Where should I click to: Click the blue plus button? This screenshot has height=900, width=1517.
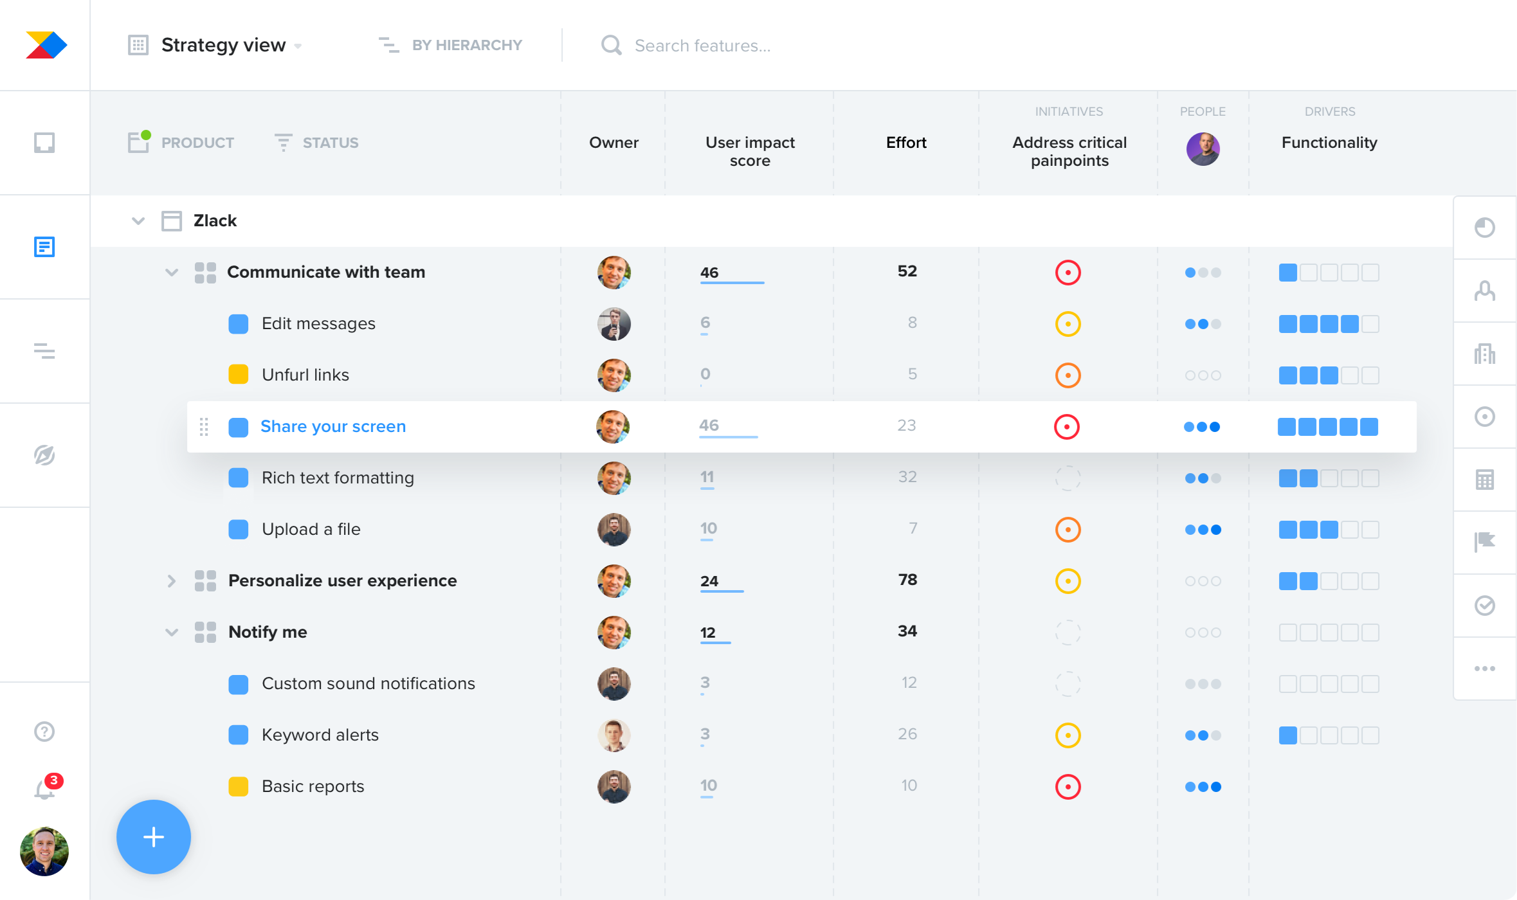tap(153, 837)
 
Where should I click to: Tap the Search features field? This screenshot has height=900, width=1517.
tap(702, 46)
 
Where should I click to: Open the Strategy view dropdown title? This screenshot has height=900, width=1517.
tap(223, 45)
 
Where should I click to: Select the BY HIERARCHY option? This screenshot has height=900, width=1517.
tap(466, 45)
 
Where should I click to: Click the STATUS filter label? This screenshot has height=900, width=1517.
tap(330, 143)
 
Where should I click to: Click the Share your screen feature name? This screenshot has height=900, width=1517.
tap(333, 426)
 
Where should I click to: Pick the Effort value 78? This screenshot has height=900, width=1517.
tap(907, 580)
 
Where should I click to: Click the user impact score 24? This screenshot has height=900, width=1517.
tap(709, 581)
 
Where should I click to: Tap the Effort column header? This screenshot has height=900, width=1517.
tap(906, 143)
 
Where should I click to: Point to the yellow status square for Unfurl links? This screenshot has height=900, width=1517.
tap(239, 375)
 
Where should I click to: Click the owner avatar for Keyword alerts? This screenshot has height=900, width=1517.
tap(614, 735)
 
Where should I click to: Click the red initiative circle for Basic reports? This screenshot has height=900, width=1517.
tap(1067, 786)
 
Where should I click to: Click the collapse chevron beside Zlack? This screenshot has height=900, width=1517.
tap(138, 221)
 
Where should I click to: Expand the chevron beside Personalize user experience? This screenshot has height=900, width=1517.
tap(171, 581)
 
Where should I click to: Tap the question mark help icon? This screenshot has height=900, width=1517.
tap(44, 732)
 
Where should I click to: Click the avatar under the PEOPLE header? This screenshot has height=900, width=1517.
tap(1203, 149)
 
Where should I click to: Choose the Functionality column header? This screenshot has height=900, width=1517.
tap(1329, 143)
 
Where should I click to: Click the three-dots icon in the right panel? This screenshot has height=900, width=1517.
tap(1484, 669)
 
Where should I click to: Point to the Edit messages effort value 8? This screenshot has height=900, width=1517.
tap(912, 323)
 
